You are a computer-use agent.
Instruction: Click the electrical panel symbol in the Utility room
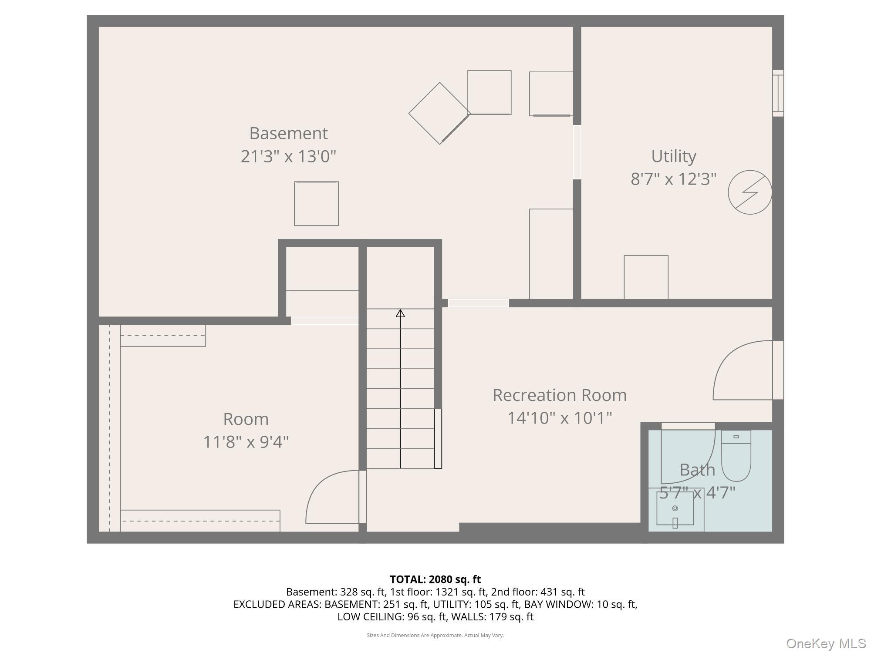[750, 192]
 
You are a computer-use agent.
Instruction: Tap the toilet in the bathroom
[736, 455]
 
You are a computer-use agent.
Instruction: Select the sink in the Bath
[675, 508]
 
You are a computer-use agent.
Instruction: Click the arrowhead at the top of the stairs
[400, 313]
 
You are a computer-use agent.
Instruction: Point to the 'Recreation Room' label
[560, 395]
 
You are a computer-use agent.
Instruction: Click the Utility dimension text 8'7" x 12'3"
[673, 179]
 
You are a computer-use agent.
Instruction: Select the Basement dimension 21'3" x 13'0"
[288, 156]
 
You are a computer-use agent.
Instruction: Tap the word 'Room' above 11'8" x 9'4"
[246, 419]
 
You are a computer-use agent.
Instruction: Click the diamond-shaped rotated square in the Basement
[439, 113]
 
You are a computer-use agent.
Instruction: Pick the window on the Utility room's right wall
[778, 93]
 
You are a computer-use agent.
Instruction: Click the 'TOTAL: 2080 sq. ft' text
[435, 579]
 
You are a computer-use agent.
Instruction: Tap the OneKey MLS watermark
[826, 643]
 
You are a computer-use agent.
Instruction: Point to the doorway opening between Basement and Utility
[577, 152]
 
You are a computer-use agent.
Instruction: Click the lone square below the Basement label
[316, 204]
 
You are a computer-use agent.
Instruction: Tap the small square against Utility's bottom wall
[646, 277]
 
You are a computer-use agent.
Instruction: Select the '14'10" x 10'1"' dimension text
[560, 418]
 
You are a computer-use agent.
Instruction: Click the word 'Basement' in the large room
[288, 133]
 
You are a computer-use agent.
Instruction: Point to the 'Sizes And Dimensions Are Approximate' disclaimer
[435, 635]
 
